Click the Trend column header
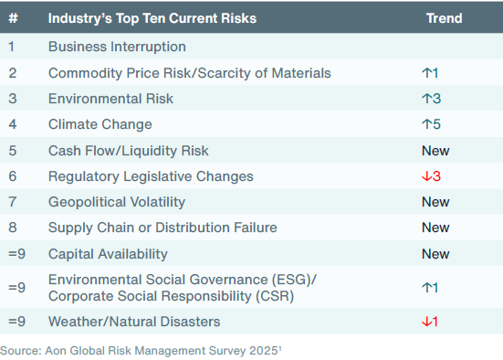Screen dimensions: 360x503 point(444,18)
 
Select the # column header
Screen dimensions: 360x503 point(12,18)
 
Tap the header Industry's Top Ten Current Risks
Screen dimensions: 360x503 point(152,18)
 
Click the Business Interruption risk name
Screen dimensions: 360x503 point(117,47)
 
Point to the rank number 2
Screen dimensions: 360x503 point(12,73)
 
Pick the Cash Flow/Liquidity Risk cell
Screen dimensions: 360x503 point(128,150)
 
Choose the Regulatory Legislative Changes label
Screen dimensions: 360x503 point(151,176)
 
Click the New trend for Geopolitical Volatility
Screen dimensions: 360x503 point(435,202)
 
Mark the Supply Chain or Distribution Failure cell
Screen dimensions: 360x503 point(162,228)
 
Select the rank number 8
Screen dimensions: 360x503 point(12,228)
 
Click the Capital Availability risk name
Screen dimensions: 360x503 point(108,253)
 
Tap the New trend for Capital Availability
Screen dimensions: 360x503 point(435,253)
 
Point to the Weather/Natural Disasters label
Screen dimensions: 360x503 point(133,322)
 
